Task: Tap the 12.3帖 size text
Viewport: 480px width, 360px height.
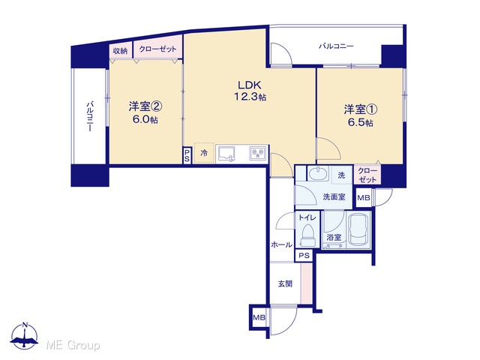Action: [x=250, y=97]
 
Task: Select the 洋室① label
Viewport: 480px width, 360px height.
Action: [x=360, y=109]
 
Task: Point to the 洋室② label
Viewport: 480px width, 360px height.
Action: [x=145, y=106]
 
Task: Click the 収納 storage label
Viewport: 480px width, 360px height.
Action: [x=120, y=51]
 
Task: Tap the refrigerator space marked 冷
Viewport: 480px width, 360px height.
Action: [x=204, y=153]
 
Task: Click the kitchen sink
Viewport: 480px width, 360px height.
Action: [x=226, y=154]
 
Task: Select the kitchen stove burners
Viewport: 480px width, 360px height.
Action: [x=258, y=154]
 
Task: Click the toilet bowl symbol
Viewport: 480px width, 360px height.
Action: [x=308, y=235]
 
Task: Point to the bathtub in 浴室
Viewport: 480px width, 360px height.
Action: [x=360, y=229]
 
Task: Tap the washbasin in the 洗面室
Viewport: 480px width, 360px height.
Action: [x=318, y=174]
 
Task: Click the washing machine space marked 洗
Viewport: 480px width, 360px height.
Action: [x=342, y=175]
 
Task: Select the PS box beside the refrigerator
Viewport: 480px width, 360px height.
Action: [x=187, y=155]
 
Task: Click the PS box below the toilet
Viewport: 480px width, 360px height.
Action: [x=304, y=255]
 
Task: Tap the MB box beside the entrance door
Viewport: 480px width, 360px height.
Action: [x=259, y=317]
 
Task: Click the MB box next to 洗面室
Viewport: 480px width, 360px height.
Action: [x=364, y=198]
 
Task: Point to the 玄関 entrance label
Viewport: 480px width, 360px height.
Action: [x=285, y=283]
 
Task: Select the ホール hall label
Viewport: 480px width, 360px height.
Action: [x=282, y=244]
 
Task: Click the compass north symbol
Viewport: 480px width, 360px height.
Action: [x=25, y=336]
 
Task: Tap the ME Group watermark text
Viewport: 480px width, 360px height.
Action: [x=73, y=345]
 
